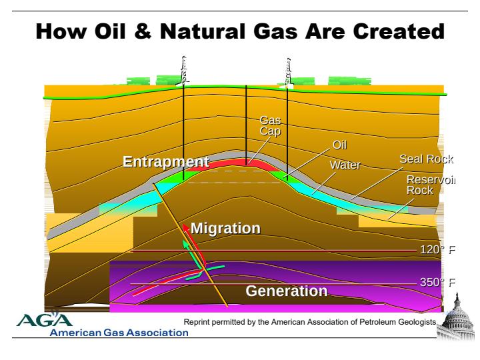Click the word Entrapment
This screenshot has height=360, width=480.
pyautogui.click(x=165, y=162)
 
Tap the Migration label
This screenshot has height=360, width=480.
pyautogui.click(x=225, y=229)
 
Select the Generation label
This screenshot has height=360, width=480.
pyautogui.click(x=287, y=291)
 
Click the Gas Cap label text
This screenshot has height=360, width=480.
pyautogui.click(x=270, y=125)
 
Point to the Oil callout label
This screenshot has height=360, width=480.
pyautogui.click(x=339, y=145)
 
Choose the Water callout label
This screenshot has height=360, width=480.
pyautogui.click(x=345, y=165)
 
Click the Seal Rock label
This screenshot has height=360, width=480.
pyautogui.click(x=426, y=159)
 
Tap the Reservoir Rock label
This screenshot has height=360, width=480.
pyautogui.click(x=431, y=185)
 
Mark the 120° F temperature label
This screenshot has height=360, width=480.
pyautogui.click(x=438, y=250)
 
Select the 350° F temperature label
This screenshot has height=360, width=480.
pyautogui.click(x=438, y=282)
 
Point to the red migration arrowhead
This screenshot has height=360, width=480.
pyautogui.click(x=186, y=228)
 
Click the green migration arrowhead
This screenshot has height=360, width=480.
pyautogui.click(x=185, y=244)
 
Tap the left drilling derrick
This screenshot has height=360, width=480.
pyautogui.click(x=184, y=71)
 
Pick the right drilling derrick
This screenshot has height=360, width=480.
pyautogui.click(x=288, y=72)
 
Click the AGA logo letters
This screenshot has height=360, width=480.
pyautogui.click(x=45, y=319)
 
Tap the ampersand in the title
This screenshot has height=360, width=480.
pyautogui.click(x=143, y=31)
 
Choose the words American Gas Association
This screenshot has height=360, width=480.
pyautogui.click(x=119, y=333)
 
